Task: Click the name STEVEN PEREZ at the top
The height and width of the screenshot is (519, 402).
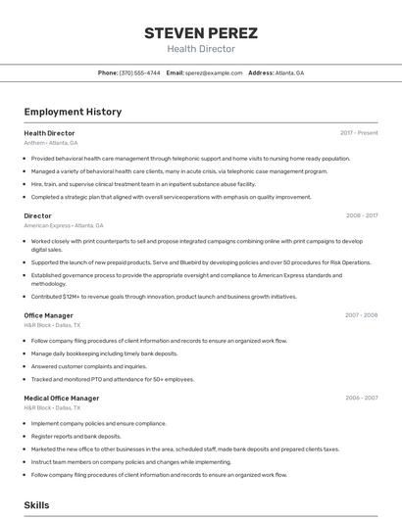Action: pyautogui.click(x=201, y=33)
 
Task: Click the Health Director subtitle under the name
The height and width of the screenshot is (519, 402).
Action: pyautogui.click(x=201, y=49)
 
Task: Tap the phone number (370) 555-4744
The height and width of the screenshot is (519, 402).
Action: pyautogui.click(x=139, y=73)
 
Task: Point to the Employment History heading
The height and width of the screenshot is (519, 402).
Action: pyautogui.click(x=73, y=112)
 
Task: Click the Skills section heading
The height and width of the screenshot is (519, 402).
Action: pyautogui.click(x=37, y=504)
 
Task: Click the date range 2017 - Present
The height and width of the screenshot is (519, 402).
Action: pyautogui.click(x=359, y=132)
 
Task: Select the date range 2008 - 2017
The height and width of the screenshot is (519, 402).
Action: pyautogui.click(x=362, y=215)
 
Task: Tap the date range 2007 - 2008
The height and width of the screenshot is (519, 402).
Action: pyautogui.click(x=361, y=315)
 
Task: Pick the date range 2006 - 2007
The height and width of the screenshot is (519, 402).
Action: pyautogui.click(x=361, y=398)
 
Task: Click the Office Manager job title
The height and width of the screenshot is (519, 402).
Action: pyautogui.click(x=48, y=315)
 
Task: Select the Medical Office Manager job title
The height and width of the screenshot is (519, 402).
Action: pyautogui.click(x=61, y=398)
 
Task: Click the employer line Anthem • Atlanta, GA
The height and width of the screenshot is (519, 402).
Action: pyautogui.click(x=50, y=143)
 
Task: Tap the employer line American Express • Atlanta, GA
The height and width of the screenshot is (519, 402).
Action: pyautogui.click(x=63, y=225)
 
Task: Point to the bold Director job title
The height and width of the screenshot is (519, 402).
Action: pyautogui.click(x=37, y=215)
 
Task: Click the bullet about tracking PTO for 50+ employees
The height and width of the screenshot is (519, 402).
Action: pyautogui.click(x=112, y=379)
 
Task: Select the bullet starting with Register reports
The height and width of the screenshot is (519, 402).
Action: pyautogui.click(x=76, y=436)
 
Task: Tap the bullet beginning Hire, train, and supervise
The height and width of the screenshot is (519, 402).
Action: pyautogui.click(x=142, y=184)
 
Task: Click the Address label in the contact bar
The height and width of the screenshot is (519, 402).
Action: pyautogui.click(x=261, y=73)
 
